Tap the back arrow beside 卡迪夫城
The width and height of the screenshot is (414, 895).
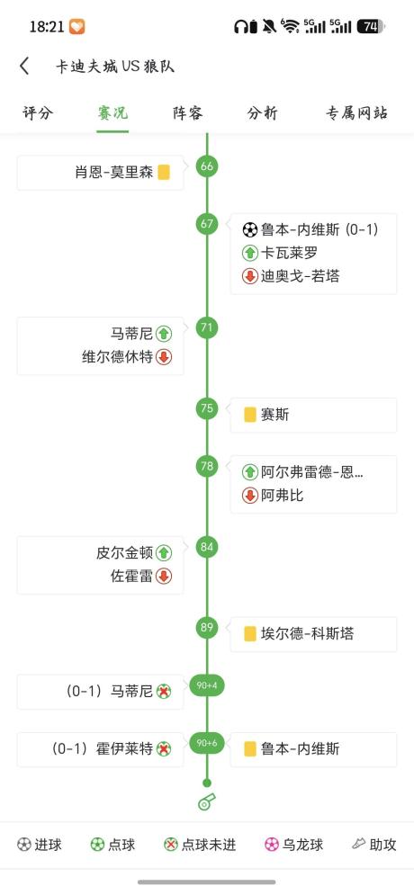point(24,67)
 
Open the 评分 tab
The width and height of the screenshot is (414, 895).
point(38,113)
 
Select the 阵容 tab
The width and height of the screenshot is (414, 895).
point(188,113)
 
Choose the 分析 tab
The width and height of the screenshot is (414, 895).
point(263,113)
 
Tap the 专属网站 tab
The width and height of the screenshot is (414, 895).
point(357,113)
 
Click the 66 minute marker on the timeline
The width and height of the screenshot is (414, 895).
point(207,166)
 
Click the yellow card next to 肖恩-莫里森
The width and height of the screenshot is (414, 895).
point(164,173)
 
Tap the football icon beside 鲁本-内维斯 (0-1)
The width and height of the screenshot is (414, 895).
point(250,230)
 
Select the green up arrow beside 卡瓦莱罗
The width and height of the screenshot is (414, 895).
point(250,253)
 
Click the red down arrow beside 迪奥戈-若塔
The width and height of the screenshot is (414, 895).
point(250,277)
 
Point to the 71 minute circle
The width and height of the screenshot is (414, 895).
point(207,327)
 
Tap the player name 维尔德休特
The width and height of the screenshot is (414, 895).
point(118,357)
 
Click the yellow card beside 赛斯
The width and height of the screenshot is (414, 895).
point(250,415)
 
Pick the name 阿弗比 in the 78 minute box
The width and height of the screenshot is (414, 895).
point(282,496)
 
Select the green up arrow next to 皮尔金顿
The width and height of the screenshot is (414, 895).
point(164,552)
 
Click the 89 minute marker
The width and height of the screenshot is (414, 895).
point(207,627)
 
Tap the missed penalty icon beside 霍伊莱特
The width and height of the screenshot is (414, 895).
point(164,749)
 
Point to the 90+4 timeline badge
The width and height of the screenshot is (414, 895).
point(207,685)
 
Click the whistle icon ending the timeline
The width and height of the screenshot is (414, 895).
point(206,801)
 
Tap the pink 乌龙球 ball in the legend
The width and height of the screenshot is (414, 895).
point(272,845)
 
